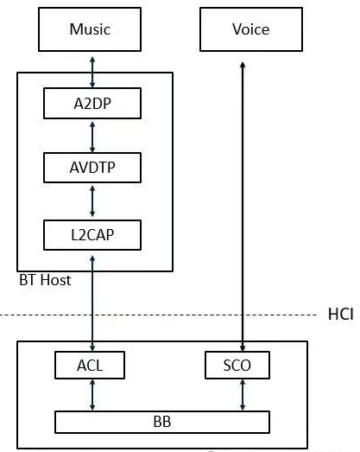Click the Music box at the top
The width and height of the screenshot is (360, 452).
(91, 29)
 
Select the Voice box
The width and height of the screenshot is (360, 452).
(250, 29)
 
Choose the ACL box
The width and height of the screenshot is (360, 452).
(90, 366)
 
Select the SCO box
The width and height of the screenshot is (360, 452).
(237, 366)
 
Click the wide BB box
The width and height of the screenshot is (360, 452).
(162, 422)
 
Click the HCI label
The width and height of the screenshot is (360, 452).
(341, 313)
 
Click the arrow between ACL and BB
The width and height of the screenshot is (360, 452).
(92, 394)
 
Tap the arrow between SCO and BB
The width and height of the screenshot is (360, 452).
(243, 394)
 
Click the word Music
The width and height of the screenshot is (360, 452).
(91, 29)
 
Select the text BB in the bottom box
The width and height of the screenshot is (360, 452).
(162, 422)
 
